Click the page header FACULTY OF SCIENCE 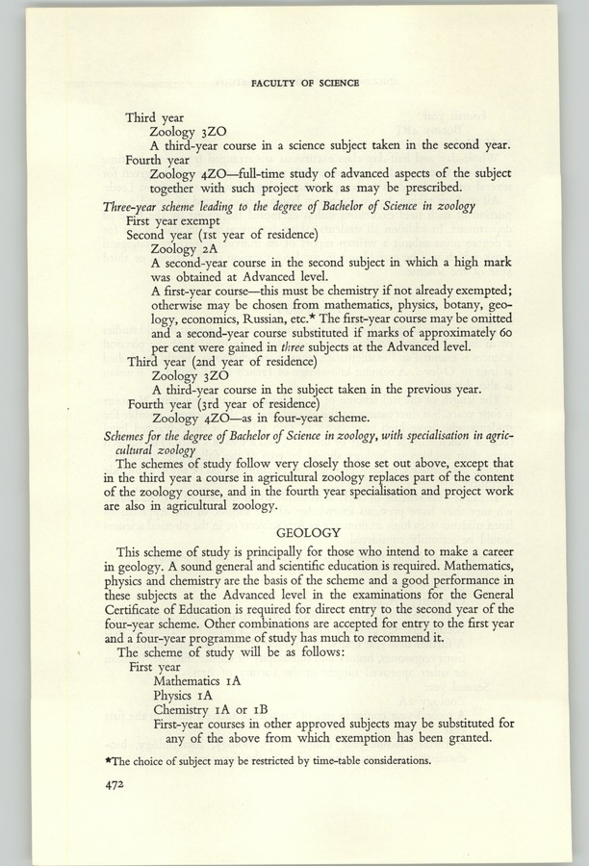[x=304, y=84]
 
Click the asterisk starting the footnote [x=108, y=761]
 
